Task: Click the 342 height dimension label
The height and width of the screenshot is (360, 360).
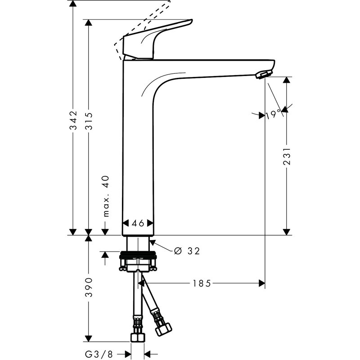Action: (x=73, y=121)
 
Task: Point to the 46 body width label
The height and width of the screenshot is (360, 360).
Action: (x=138, y=223)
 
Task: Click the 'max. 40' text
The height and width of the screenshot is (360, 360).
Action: (x=106, y=196)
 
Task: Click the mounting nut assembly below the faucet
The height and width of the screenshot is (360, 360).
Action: (x=138, y=263)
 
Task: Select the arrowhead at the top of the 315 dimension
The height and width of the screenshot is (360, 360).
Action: (x=89, y=23)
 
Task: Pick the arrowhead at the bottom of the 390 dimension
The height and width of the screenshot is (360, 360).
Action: (x=89, y=338)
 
